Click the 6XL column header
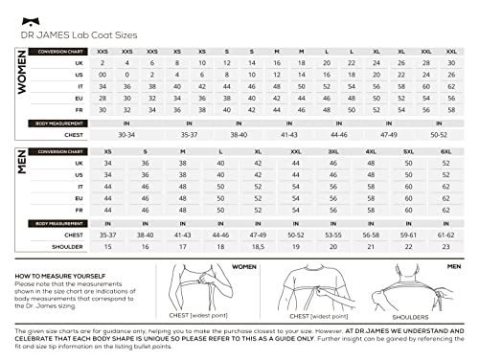(445, 151)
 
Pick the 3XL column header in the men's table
(333, 151)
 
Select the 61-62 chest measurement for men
(445, 234)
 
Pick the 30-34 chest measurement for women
(125, 135)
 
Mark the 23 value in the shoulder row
(445, 245)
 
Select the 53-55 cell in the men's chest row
(333, 234)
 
